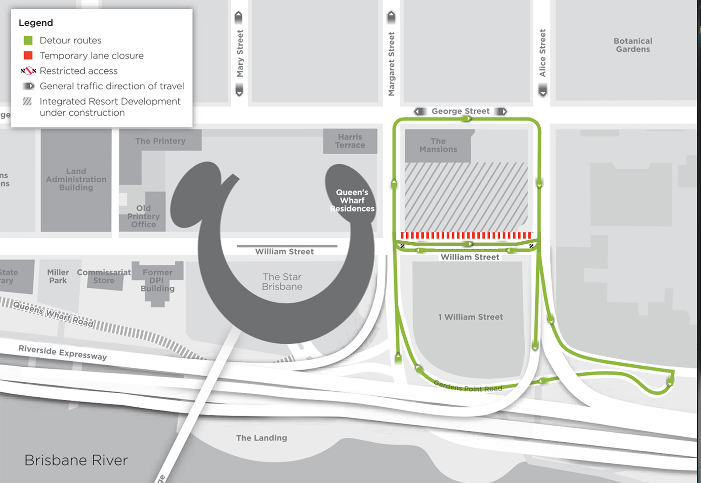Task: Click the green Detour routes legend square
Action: click(28, 40)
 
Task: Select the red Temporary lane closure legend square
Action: click(28, 56)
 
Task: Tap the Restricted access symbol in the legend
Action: click(28, 71)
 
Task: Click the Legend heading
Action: click(35, 23)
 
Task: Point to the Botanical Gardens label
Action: click(633, 45)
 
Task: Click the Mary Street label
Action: click(240, 53)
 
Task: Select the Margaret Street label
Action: click(391, 64)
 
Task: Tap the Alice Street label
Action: click(542, 53)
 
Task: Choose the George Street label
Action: click(460, 111)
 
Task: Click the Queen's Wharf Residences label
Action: click(352, 200)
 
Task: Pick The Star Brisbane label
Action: click(282, 282)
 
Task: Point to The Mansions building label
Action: click(438, 145)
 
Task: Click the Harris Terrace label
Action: click(350, 141)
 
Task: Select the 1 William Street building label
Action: click(471, 317)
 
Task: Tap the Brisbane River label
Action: click(76, 460)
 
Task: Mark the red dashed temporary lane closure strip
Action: click(466, 235)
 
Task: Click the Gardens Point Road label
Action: click(468, 386)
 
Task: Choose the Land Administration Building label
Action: click(76, 179)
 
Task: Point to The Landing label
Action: click(262, 438)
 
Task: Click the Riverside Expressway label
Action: click(63, 353)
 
